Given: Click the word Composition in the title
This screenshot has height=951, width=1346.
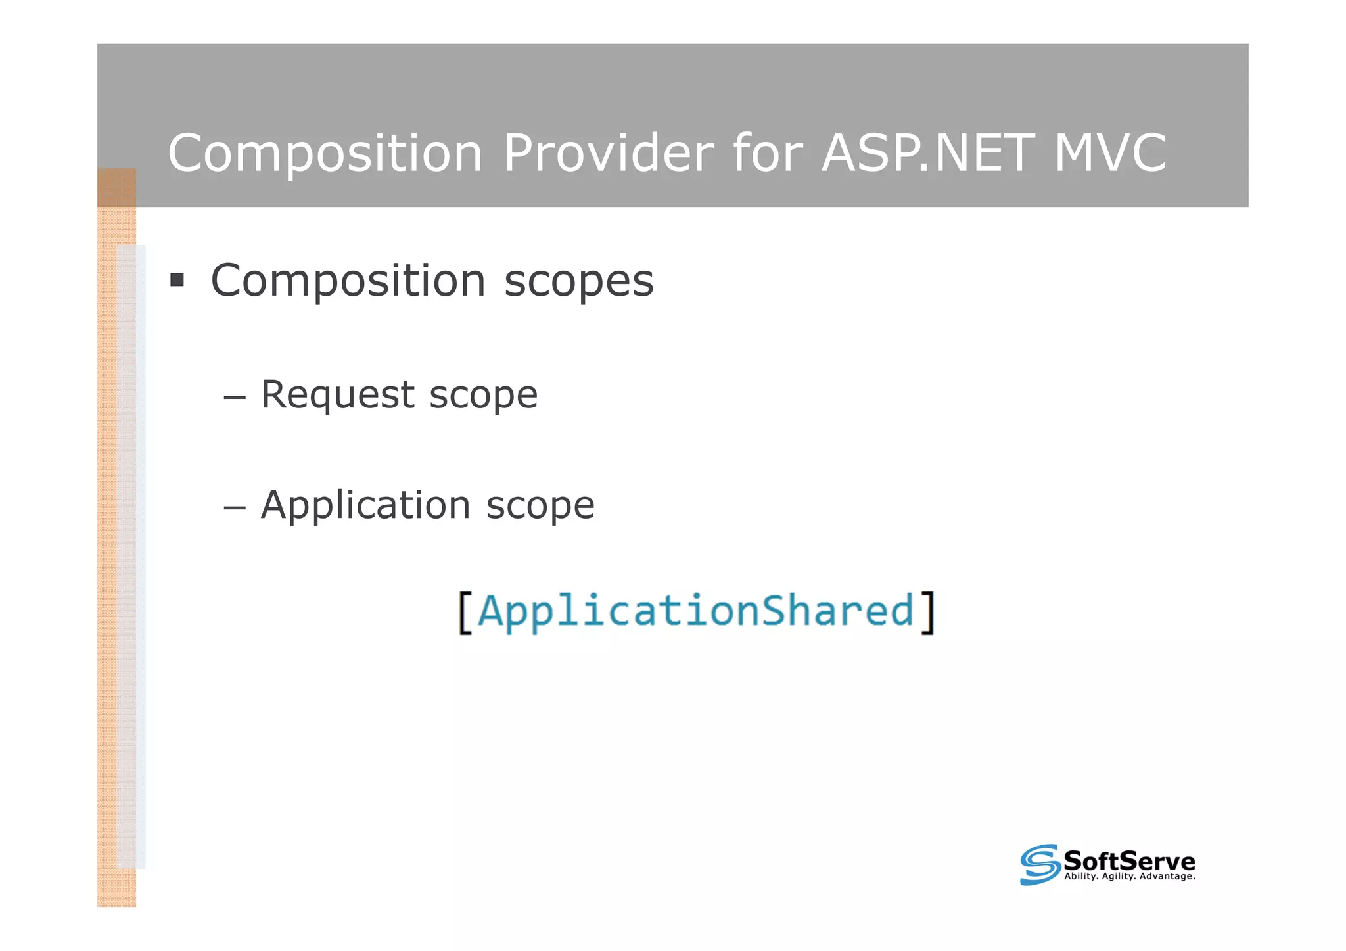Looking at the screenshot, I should coord(325,154).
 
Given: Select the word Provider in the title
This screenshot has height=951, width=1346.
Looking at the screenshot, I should coord(608,152).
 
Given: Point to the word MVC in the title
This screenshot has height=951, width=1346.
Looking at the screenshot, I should coord(1109,152).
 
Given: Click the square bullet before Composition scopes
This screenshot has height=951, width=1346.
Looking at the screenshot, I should coord(177,281).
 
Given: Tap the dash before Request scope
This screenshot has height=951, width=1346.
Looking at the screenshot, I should coord(234,397).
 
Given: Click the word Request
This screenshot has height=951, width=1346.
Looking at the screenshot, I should coord(337,395).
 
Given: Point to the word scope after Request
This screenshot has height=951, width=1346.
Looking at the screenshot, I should coord(483,396).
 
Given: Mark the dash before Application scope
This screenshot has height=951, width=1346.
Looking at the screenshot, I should coord(234,507).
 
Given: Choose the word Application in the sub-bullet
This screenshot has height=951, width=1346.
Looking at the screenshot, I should coord(365,505).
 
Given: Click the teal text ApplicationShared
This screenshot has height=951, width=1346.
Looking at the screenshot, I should coord(695,611).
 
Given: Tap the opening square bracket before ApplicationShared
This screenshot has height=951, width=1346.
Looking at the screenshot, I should coord(465,612).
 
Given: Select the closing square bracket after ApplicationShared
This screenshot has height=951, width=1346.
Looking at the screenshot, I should coord(927,612).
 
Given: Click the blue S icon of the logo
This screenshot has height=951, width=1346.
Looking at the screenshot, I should coord(1040,864).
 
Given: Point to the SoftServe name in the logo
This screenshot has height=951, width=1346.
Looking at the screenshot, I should coord(1129,860).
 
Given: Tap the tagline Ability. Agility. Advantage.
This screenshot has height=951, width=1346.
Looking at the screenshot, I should coord(1129,877).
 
